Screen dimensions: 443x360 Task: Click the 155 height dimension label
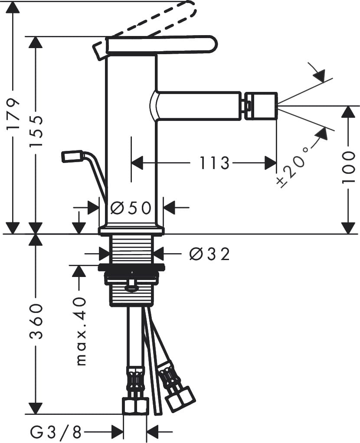coord(36,131)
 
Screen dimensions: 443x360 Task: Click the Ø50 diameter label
coord(131,208)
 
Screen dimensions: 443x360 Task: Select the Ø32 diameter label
coord(209,254)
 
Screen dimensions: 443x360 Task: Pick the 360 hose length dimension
coord(36,322)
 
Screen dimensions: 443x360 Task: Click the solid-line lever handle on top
coord(160,44)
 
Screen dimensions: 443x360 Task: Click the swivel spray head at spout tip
coord(261,106)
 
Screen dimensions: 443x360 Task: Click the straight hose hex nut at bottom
coord(135,406)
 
